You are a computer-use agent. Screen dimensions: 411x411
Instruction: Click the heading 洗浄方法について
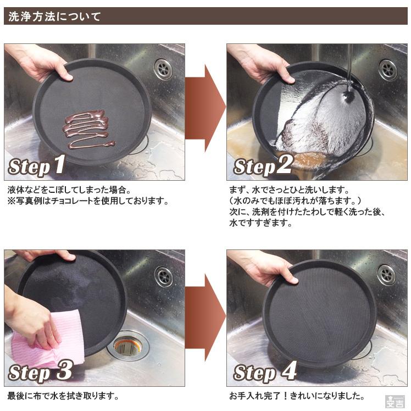[x=53, y=16]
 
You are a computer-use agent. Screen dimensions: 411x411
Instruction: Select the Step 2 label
[x=263, y=166]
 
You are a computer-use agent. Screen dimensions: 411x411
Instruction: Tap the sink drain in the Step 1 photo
[x=163, y=69]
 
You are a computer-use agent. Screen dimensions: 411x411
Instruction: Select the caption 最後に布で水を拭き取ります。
[x=63, y=396]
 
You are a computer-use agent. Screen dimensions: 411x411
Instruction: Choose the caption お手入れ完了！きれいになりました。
[x=296, y=396]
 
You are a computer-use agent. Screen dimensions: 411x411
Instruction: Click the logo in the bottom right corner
[x=395, y=401]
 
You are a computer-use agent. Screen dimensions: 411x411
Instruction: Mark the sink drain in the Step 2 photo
[x=387, y=69]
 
